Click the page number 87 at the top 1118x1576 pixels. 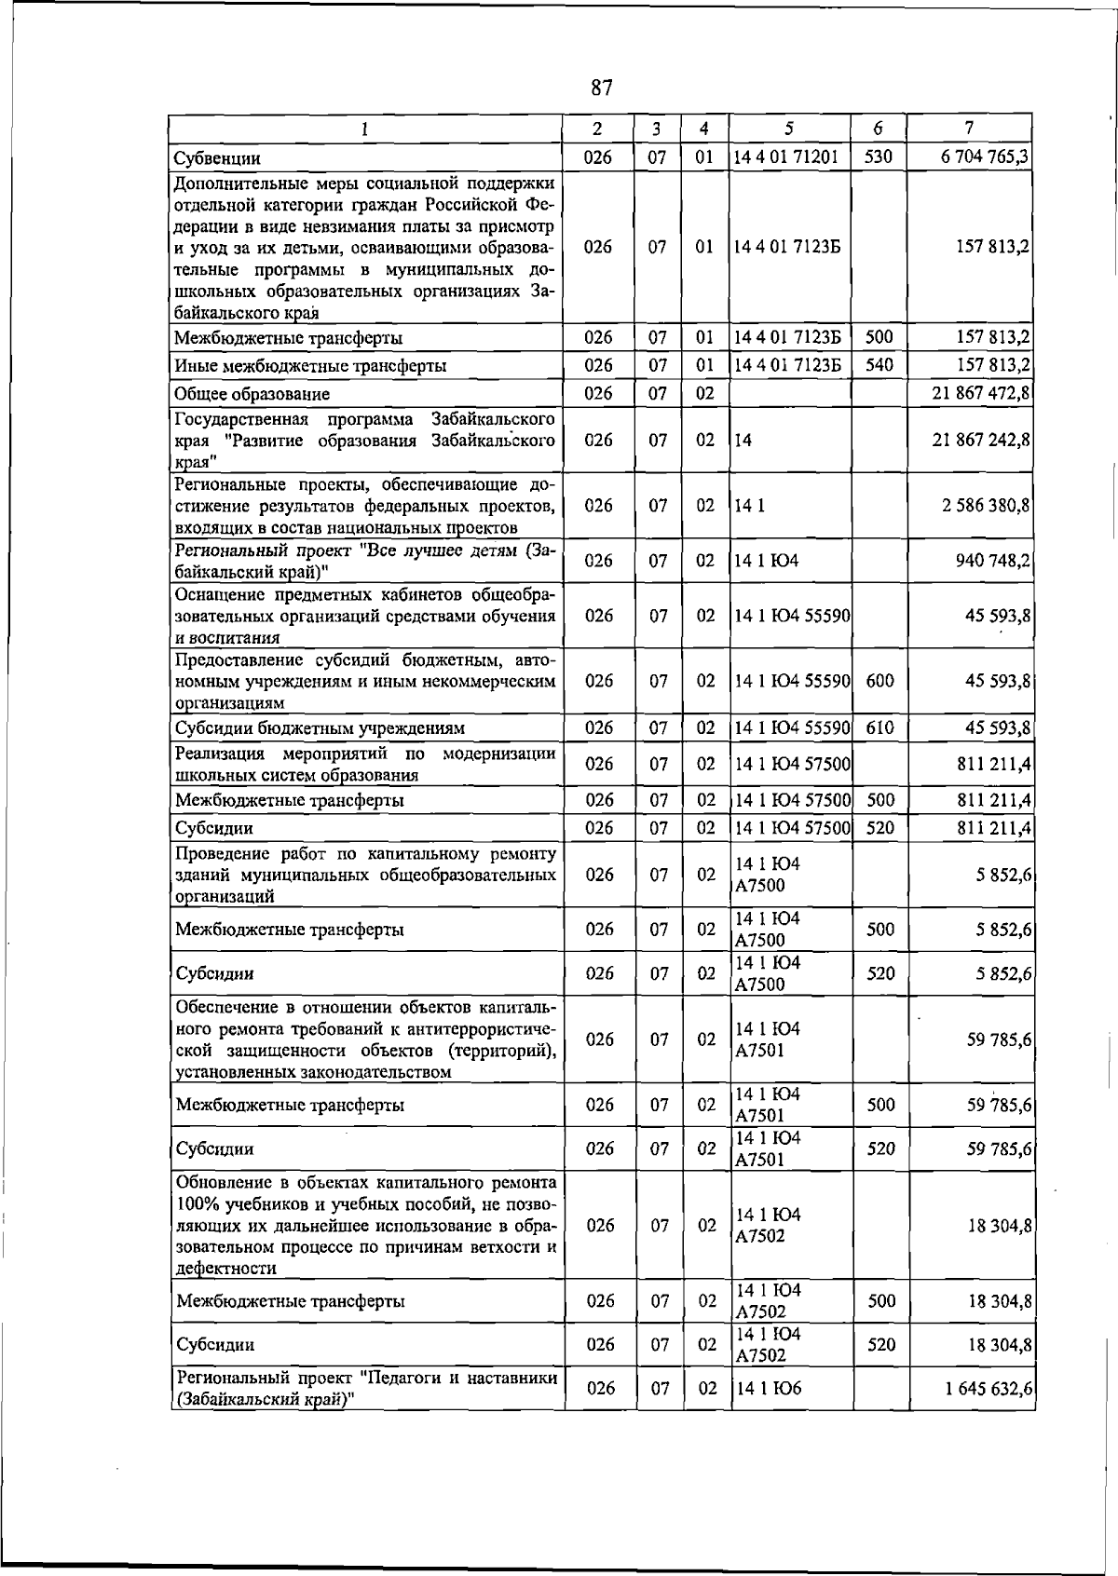pos(602,88)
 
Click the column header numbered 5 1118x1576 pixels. pos(789,129)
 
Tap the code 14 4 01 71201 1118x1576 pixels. pos(786,157)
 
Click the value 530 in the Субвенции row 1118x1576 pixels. pos(879,157)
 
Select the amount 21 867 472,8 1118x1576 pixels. pos(980,393)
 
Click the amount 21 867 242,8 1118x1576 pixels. pos(980,440)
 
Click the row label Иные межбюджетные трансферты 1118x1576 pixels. pos(310,366)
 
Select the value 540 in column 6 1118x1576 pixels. pos(879,365)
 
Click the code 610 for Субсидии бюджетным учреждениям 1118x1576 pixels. pos(879,728)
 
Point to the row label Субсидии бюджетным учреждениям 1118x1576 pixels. pos(320,728)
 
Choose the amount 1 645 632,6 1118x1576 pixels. pos(988,1389)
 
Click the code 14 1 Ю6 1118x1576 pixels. pos(769,1389)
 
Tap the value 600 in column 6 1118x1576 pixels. pos(879,681)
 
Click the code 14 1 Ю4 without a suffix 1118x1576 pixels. pos(767,561)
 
